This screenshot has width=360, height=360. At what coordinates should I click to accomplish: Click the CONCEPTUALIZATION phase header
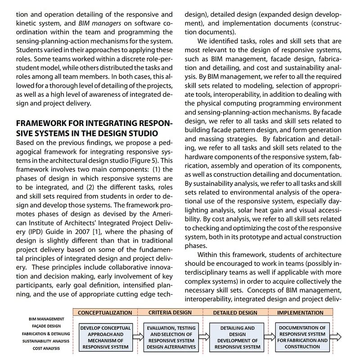point(105,312)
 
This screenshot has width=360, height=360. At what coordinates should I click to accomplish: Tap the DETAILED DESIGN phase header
point(235,312)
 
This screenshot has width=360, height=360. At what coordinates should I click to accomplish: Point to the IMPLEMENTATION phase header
point(300,312)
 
